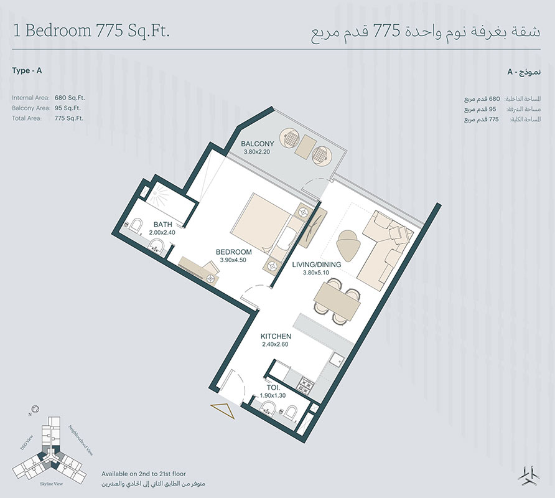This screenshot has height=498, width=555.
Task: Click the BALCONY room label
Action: [x=258, y=143]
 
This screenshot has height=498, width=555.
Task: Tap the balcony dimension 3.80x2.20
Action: [x=258, y=151]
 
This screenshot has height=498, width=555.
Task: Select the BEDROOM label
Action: [x=233, y=252]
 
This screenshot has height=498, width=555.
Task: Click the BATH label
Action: [x=163, y=224]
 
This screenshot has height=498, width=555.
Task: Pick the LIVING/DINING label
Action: [x=317, y=265]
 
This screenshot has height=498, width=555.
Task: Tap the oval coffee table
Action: [x=348, y=243]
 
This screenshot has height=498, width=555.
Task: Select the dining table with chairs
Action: [x=337, y=300]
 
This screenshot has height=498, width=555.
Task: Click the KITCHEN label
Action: [x=276, y=336]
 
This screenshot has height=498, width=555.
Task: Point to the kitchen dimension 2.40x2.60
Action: [x=276, y=345]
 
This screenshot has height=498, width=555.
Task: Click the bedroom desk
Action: [x=200, y=269]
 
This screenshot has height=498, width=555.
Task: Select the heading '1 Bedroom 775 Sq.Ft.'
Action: [x=91, y=31]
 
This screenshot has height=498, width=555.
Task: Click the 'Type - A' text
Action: [x=27, y=71]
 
